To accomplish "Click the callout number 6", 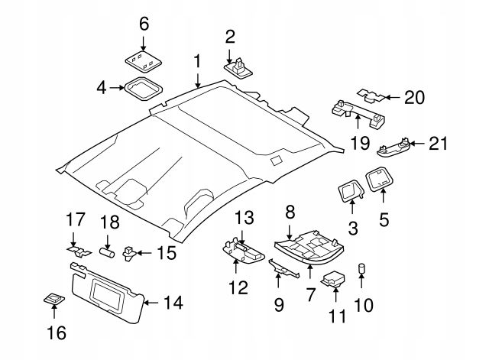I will pyautogui.click(x=143, y=24).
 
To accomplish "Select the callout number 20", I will pyautogui.click(x=414, y=97).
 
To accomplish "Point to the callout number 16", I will pyautogui.click(x=57, y=332).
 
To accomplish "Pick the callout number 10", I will pyautogui.click(x=364, y=306).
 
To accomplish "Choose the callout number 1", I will pyautogui.click(x=197, y=60).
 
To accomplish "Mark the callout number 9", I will pyautogui.click(x=279, y=304).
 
